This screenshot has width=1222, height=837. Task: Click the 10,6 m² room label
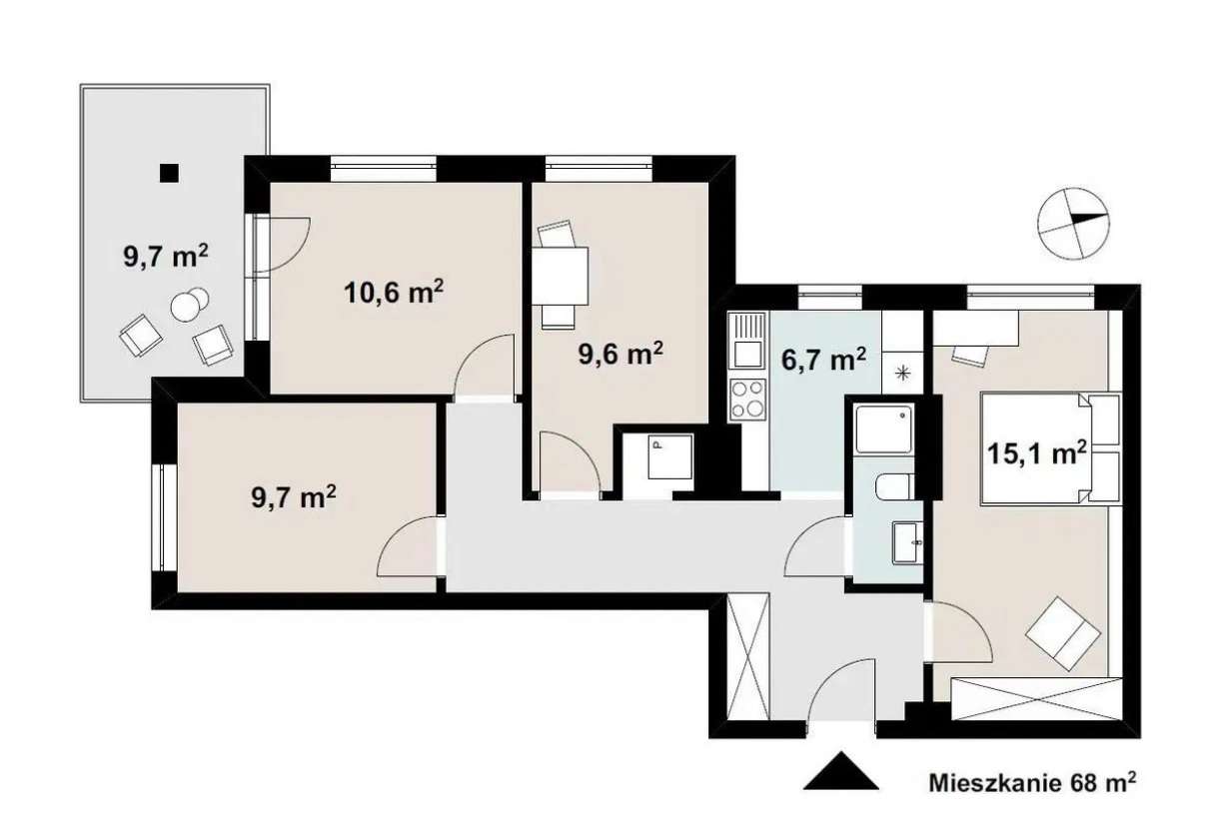point(394,294)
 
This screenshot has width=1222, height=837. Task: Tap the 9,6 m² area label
point(621,355)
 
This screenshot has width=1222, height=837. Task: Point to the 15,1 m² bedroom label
point(1037,453)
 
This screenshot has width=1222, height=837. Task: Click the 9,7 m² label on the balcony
point(166,257)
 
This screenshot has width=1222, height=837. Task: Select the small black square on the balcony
point(170,172)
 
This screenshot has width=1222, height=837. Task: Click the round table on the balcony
point(187,307)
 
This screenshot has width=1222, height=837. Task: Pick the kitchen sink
point(746,340)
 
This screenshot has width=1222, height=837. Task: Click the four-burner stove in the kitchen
point(746,401)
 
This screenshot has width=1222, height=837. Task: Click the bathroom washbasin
point(906,543)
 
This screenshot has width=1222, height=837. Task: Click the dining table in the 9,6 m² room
point(560,276)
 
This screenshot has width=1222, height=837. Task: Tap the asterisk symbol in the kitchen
point(902,374)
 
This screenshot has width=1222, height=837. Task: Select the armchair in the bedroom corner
point(1063,631)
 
